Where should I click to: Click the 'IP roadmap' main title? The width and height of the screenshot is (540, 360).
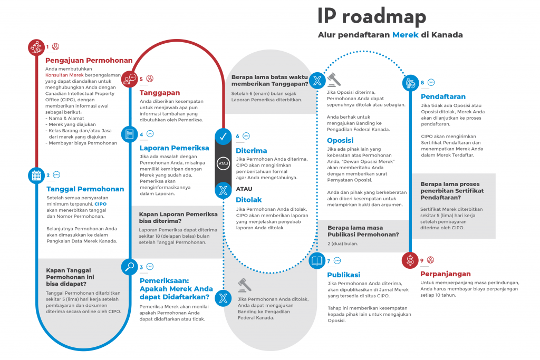click(x=371, y=16)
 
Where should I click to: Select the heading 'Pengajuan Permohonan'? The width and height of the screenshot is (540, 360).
click(x=89, y=60)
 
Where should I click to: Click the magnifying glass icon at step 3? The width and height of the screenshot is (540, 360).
click(x=130, y=267)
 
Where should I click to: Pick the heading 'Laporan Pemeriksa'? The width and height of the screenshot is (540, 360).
click(x=174, y=148)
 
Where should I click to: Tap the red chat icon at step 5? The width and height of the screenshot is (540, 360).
click(x=130, y=79)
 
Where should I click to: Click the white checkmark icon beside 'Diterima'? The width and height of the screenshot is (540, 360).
click(x=223, y=137)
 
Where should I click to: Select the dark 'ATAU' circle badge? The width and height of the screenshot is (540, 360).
click(x=223, y=163)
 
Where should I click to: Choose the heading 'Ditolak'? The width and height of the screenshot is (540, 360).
click(x=249, y=200)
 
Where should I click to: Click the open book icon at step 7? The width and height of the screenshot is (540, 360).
click(x=317, y=260)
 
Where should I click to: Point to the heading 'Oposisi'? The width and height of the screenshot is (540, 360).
click(x=340, y=141)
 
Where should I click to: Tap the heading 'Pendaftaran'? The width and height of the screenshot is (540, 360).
click(x=443, y=96)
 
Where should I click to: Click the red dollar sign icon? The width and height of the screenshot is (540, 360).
click(x=410, y=260)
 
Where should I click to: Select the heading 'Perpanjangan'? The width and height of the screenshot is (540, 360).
click(x=445, y=274)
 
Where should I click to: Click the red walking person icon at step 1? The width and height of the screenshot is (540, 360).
click(x=36, y=47)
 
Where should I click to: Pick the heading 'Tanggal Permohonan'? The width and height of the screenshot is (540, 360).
click(x=85, y=189)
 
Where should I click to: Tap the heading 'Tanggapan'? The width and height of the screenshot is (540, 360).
click(x=159, y=93)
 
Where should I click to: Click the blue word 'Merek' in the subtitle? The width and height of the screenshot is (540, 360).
click(x=405, y=35)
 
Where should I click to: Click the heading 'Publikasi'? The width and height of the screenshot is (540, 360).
click(x=343, y=275)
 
